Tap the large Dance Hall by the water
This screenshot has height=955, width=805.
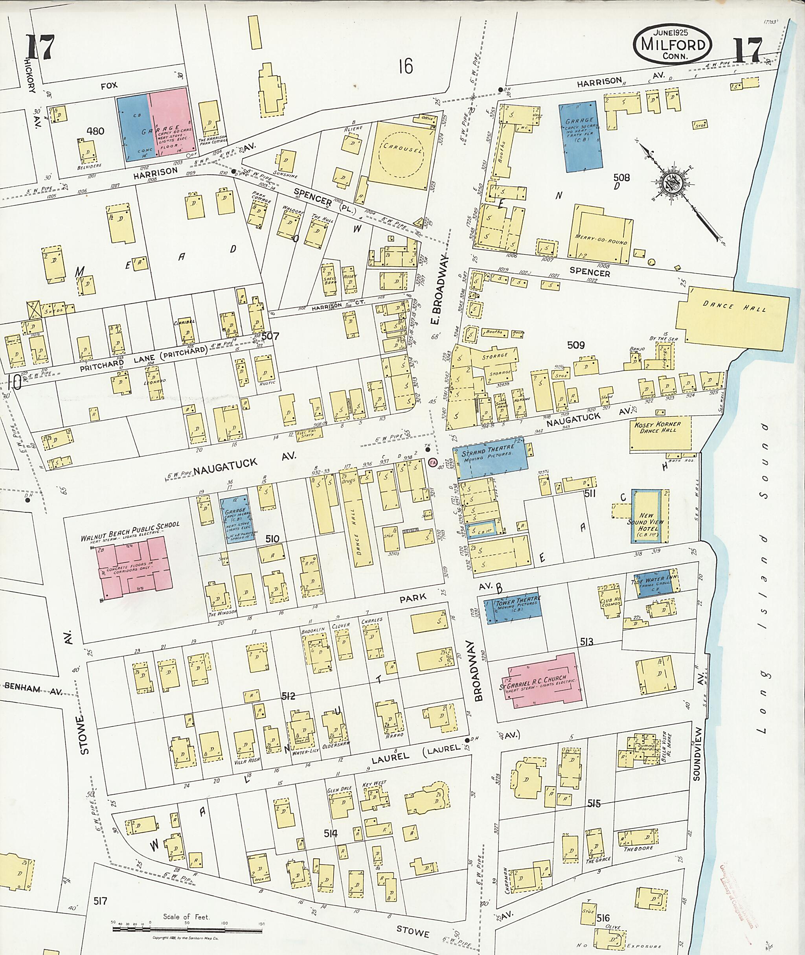pyautogui.click(x=731, y=317)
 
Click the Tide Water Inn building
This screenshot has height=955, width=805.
pyautogui.click(x=655, y=583)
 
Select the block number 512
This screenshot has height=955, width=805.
pyautogui.click(x=288, y=696)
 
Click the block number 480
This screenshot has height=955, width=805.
pyautogui.click(x=96, y=131)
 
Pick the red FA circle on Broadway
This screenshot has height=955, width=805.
pyautogui.click(x=433, y=463)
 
